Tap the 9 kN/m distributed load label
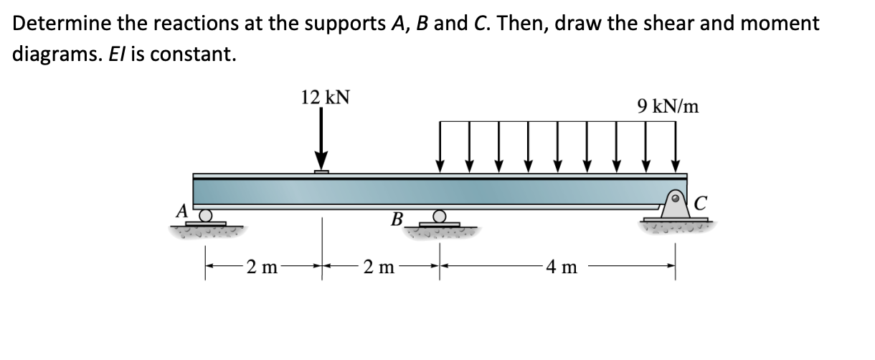coord(668,107)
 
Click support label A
coord(184,211)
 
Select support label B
coord(397,218)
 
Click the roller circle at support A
coord(206,215)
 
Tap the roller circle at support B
coord(440,219)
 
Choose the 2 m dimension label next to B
coord(378,270)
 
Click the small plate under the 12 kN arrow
coord(322,171)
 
